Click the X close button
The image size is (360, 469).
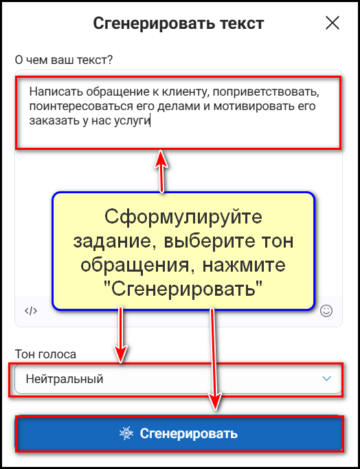point(333,23)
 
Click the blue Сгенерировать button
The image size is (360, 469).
point(179,433)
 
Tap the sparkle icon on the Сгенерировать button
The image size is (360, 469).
point(126,433)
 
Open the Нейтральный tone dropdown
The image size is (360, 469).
point(178,379)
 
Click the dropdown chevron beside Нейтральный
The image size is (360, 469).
point(326,379)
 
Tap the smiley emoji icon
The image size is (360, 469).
point(326,311)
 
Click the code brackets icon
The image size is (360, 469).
point(31,311)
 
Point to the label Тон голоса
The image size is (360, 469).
point(45,354)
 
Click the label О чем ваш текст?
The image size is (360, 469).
point(64,60)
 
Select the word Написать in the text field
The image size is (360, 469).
point(56,91)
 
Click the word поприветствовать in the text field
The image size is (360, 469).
point(266,92)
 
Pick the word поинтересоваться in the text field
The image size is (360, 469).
point(81,107)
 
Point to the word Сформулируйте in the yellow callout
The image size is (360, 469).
point(183,217)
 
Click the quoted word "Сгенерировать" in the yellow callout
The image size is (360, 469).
point(183,288)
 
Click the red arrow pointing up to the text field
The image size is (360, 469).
point(161,171)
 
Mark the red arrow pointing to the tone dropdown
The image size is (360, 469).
point(121,335)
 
